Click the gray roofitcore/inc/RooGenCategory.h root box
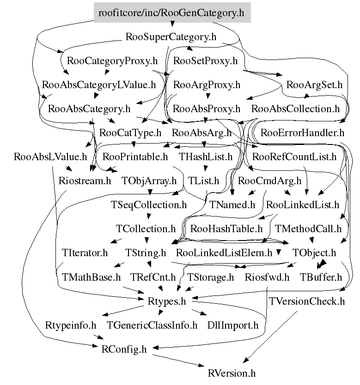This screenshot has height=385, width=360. (172, 12)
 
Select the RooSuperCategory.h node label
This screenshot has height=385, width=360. (171, 37)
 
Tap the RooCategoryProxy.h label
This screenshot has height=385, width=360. (112, 60)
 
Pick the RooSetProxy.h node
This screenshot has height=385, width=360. (206, 60)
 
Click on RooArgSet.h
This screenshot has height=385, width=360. (314, 85)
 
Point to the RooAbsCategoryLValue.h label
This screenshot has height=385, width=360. (99, 85)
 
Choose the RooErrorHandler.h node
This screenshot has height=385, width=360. (302, 133)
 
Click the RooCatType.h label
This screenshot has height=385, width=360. (130, 133)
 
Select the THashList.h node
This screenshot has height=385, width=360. (206, 156)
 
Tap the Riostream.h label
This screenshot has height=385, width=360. (85, 180)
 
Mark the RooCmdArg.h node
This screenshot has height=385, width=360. (269, 180)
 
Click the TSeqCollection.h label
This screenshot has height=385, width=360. (149, 205)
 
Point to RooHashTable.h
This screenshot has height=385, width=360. (226, 229)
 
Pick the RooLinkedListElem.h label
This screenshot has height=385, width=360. (224, 253)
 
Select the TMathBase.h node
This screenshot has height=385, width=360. (91, 277)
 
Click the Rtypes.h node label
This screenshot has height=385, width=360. (167, 301)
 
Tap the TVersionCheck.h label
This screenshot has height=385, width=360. (307, 301)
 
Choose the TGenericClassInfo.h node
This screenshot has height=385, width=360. (152, 325)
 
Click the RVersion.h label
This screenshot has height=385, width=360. (232, 373)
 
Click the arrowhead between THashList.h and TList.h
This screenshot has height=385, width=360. (206, 168)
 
